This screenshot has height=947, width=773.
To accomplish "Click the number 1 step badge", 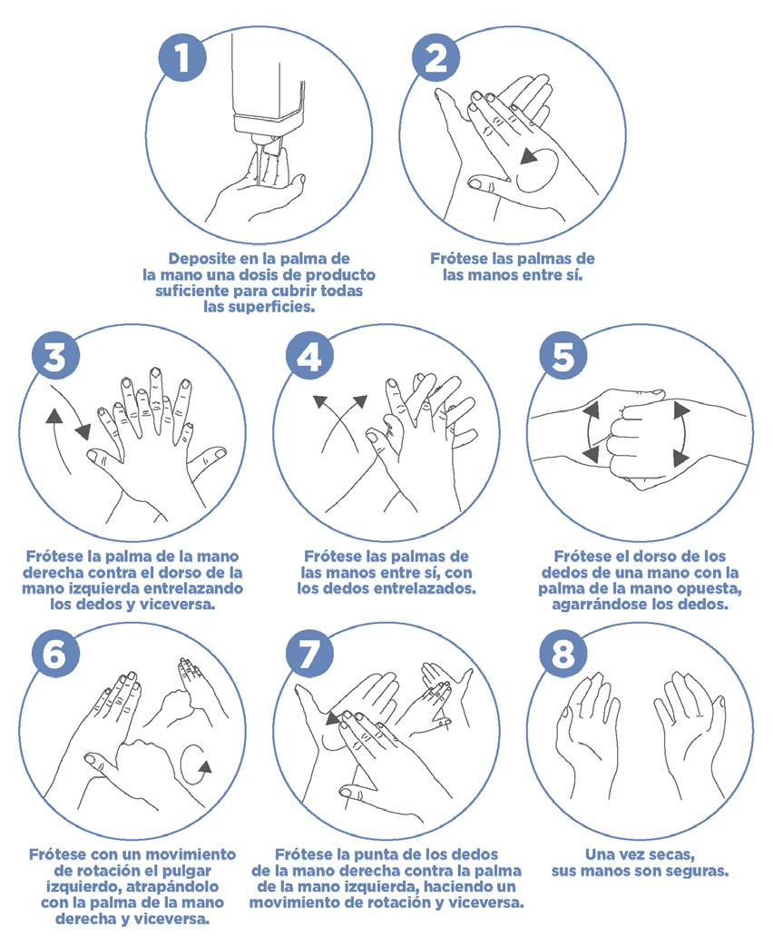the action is tap(182, 59).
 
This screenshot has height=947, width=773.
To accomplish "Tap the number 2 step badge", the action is tap(436, 59).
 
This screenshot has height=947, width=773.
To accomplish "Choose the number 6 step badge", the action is tap(55, 653).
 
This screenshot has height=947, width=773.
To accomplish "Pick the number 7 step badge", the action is tap(309, 653).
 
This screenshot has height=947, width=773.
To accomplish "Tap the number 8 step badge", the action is tap(563, 653).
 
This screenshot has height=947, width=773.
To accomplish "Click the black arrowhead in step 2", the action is tap(530, 156).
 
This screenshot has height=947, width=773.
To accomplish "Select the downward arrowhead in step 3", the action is tap(83, 431).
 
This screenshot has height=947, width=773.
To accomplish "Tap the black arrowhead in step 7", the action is tap(332, 718).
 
